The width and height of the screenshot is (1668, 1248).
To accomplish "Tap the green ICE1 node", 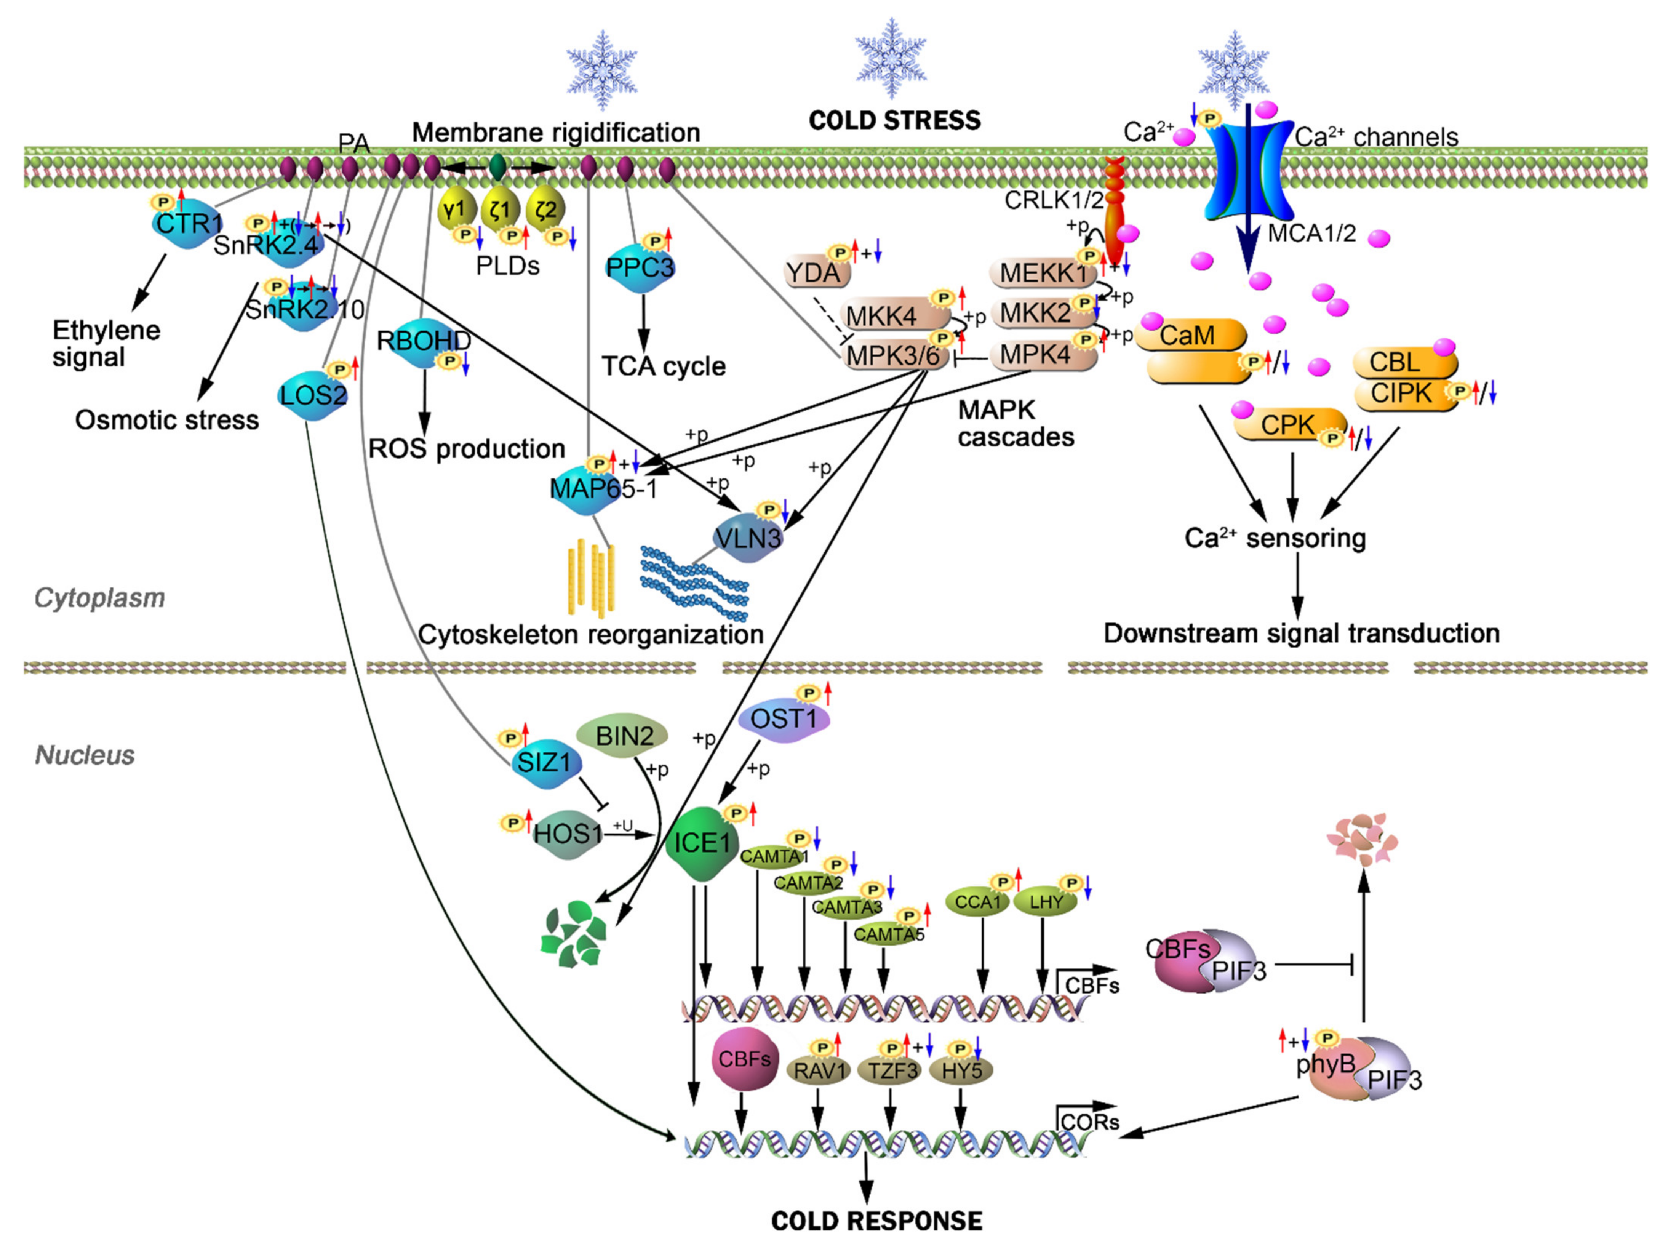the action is pos(701,842).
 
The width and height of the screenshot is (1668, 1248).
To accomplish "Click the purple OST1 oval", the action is pos(784,718).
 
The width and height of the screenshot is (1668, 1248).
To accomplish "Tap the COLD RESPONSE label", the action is pos(877,1221).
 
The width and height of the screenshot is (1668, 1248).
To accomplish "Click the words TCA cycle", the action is pos(664,366).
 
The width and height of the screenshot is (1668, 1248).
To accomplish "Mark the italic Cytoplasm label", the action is pos(99,598).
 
